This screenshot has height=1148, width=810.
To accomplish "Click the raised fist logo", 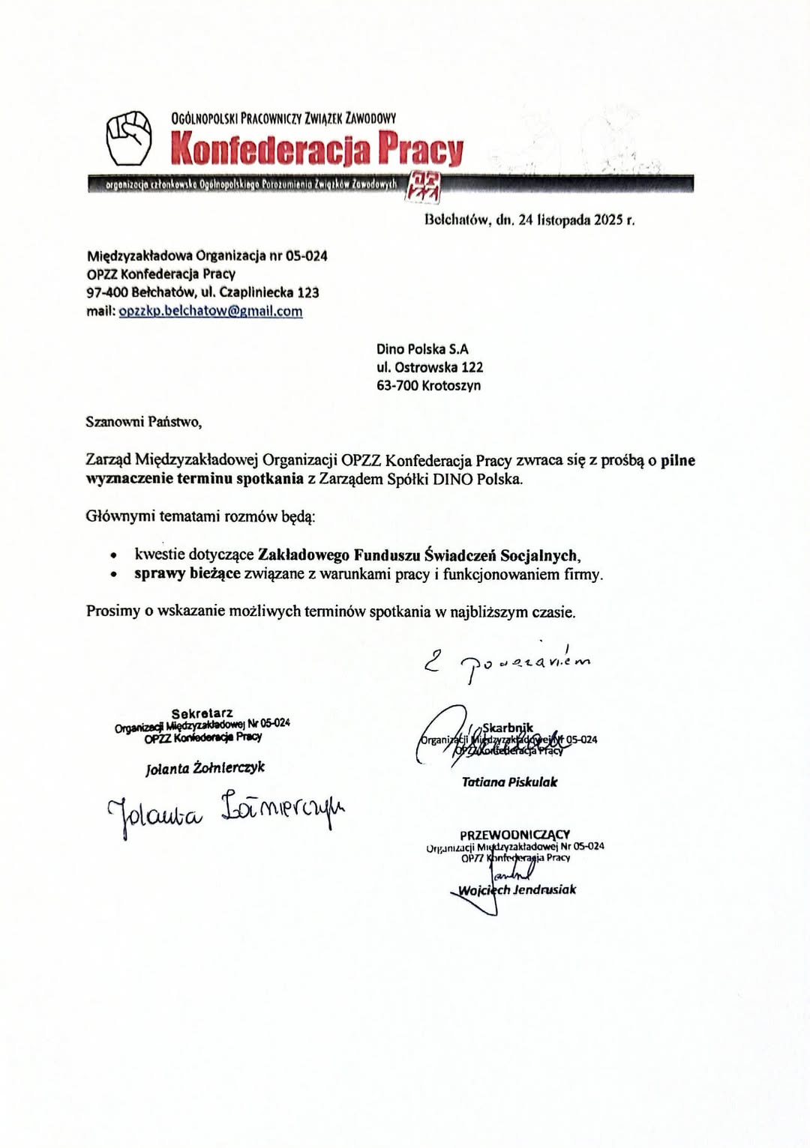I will coord(128,138).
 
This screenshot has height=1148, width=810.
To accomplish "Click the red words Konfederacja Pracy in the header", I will coord(317,148).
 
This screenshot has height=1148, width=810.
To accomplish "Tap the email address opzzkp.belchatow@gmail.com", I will coord(211,311).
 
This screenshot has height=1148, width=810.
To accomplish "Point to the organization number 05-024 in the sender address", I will coord(306,256).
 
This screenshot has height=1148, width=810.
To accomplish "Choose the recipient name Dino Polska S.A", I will coord(422,349).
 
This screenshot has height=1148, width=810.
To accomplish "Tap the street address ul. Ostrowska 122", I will coord(430,367).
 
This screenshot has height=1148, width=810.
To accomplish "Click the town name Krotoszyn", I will coord(451,386).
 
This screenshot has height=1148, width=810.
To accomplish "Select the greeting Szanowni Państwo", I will coord(143,422).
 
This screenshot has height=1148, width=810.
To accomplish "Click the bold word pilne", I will coord(678,460).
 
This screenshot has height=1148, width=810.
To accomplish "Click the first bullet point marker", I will coord(113,556).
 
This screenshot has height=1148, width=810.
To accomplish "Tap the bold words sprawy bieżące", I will coord(187,574).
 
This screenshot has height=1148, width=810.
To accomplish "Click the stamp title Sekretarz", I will coord(202,713).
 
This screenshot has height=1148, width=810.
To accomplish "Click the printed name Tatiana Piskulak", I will coord(509,782).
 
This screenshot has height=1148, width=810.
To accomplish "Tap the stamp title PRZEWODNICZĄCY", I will coord(514,834).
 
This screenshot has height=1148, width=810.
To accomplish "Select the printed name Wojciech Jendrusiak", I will coord(517,890).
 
